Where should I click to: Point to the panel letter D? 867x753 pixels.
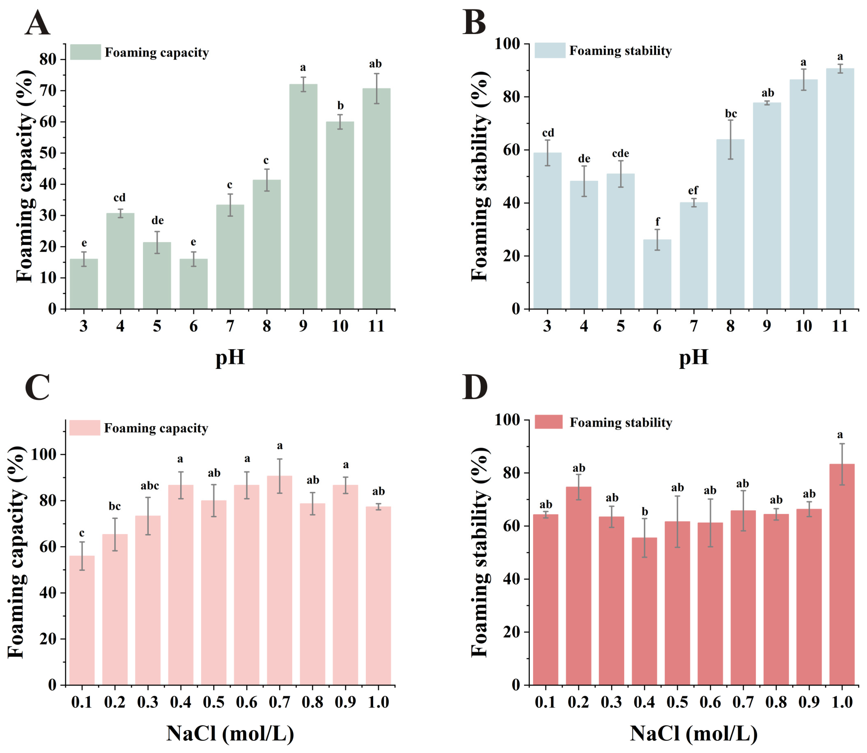coord(475,388)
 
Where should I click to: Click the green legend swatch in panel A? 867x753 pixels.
coord(85,52)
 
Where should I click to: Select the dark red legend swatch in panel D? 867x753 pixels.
coord(548,422)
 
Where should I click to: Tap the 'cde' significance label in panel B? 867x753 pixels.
coord(620,153)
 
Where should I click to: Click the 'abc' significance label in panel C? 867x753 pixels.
coord(150,486)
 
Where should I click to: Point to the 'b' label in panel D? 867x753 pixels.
coord(645,512)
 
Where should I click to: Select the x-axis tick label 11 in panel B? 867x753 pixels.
coord(840,326)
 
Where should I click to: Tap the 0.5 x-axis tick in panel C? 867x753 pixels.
coord(214,702)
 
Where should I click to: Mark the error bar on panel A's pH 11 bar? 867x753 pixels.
coord(376,88)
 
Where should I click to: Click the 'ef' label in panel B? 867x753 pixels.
coord(693,191)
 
